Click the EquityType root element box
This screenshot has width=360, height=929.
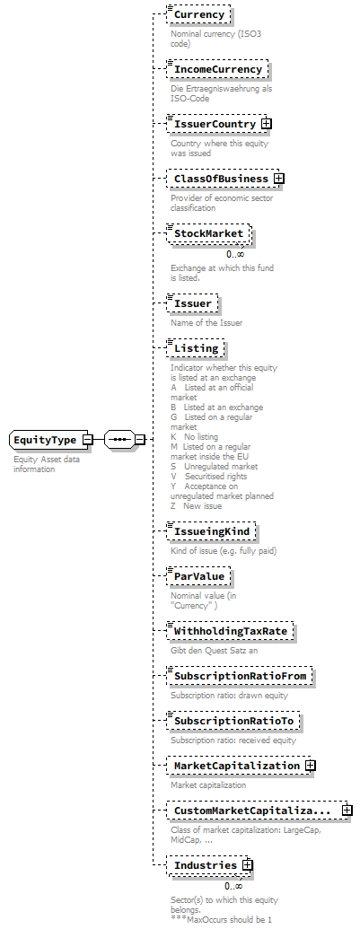tap(45, 440)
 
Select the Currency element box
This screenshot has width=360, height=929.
tap(199, 15)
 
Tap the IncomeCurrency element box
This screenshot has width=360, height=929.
tap(217, 69)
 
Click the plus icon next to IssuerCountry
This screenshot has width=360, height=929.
tap(267, 124)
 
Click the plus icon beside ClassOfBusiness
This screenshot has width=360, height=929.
tap(279, 179)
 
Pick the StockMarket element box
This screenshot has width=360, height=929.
tap(209, 233)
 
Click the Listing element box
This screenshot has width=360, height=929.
tap(196, 347)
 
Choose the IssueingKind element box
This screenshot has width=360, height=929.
tap(212, 531)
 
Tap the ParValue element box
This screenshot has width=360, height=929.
tap(200, 575)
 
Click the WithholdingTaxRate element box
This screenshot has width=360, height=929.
tap(230, 631)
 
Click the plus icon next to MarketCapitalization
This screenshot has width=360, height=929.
tap(311, 766)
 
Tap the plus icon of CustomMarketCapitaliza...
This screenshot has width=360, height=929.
tap(347, 811)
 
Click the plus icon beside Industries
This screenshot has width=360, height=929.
tap(248, 865)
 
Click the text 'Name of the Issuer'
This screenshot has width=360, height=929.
tap(206, 323)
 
